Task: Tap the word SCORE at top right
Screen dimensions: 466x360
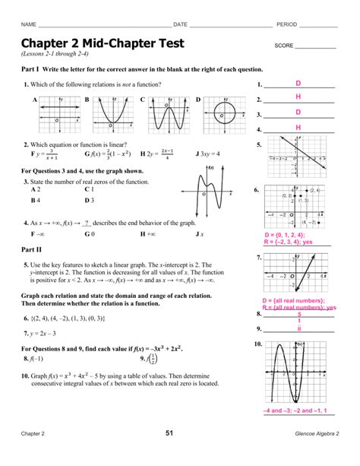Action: pos(284,46)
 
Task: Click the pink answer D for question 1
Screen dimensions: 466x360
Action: pos(298,83)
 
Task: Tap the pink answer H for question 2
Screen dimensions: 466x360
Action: pos(298,97)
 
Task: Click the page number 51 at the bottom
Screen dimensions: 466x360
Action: pos(180,454)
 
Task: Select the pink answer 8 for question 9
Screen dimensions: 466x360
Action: pos(299,329)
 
